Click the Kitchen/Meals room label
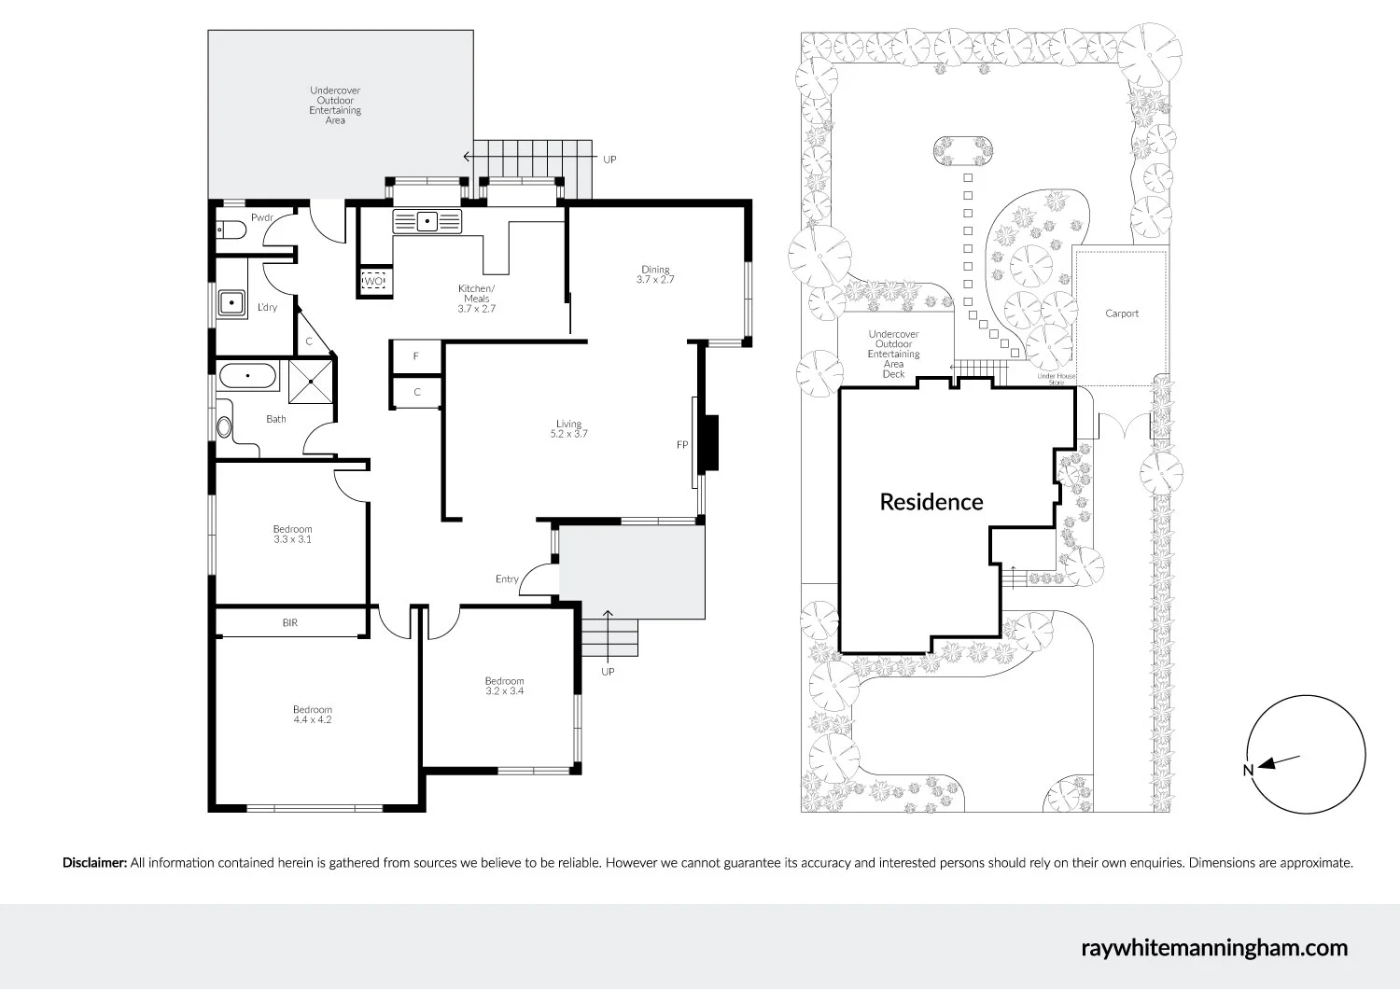pyautogui.click(x=476, y=299)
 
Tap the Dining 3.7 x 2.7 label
pyautogui.click(x=655, y=274)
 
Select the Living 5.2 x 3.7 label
pyautogui.click(x=568, y=429)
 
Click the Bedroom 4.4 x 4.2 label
pyautogui.click(x=312, y=715)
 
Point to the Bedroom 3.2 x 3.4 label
pyautogui.click(x=504, y=686)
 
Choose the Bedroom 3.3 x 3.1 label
pyautogui.click(x=292, y=535)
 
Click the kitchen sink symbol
pyautogui.click(x=427, y=221)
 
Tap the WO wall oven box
pyautogui.click(x=373, y=281)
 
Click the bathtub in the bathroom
pyautogui.click(x=248, y=378)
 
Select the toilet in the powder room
pyautogui.click(x=230, y=230)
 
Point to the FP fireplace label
pyautogui.click(x=682, y=445)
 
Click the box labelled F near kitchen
pyautogui.click(x=416, y=356)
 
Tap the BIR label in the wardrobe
pyautogui.click(x=290, y=622)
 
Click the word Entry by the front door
pyautogui.click(x=507, y=579)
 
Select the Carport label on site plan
pyautogui.click(x=1122, y=313)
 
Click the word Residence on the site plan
pyautogui.click(x=931, y=502)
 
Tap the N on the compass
pyautogui.click(x=1248, y=770)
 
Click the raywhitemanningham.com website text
pyautogui.click(x=1214, y=948)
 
